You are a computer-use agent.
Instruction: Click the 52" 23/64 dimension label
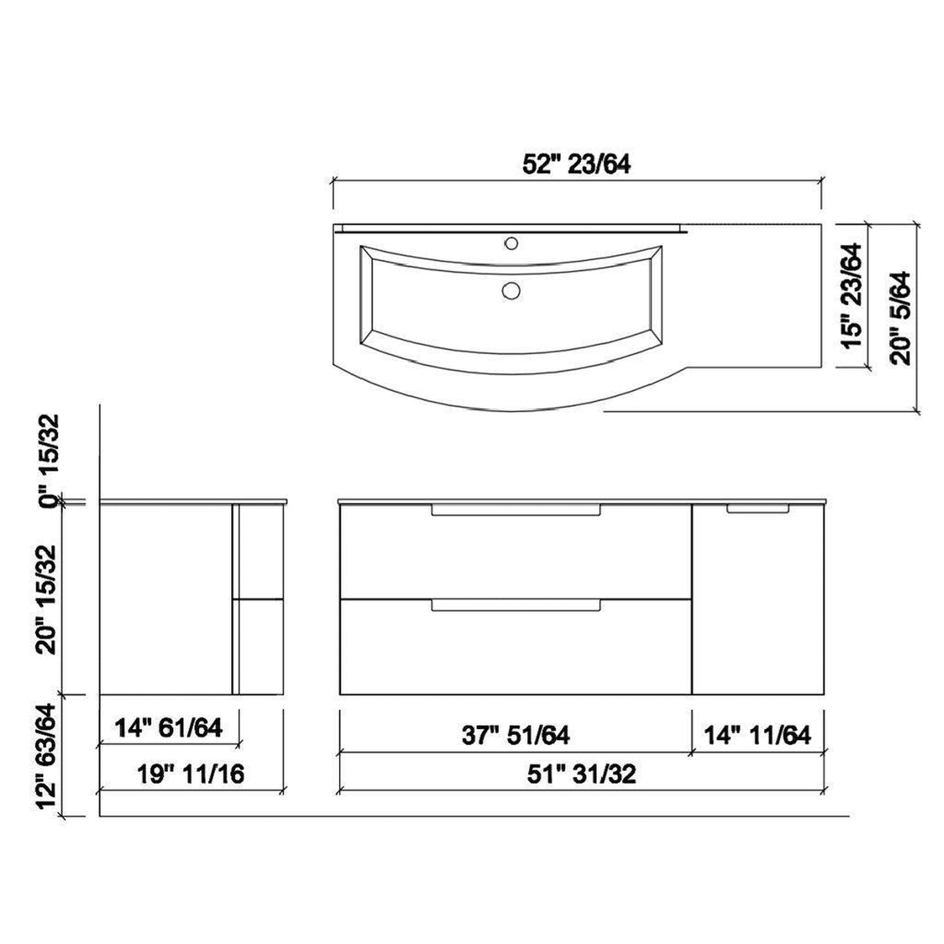coord(576,165)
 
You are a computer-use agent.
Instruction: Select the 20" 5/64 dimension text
coord(902,317)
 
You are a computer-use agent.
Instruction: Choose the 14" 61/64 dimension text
coord(169,728)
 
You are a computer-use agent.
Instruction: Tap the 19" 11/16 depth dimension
coord(190,774)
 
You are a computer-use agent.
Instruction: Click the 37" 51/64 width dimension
coord(515,736)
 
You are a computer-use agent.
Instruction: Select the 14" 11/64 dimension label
coord(757,736)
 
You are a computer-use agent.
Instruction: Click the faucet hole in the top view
coord(512,244)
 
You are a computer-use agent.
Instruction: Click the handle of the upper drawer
coord(515,510)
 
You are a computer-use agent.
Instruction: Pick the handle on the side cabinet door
coord(758,509)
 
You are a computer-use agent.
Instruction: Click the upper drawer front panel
coord(515,555)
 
